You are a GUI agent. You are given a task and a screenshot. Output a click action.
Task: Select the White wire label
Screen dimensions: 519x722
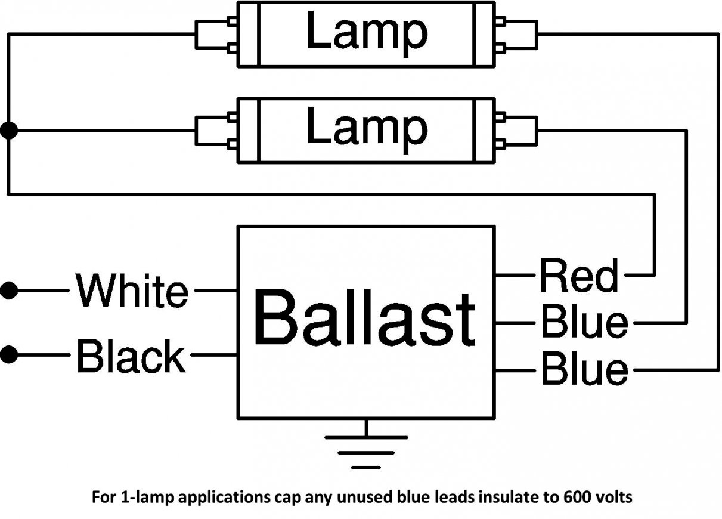(132, 291)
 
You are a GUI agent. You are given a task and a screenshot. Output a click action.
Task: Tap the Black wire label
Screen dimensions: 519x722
(131, 356)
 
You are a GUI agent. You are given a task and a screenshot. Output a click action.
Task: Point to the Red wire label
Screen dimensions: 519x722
(578, 276)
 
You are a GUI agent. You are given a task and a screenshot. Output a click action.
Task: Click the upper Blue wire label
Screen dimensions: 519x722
(584, 323)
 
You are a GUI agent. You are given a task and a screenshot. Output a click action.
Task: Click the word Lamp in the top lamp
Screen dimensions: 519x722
(366, 32)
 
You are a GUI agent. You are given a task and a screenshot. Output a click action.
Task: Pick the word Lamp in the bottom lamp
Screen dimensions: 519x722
(366, 128)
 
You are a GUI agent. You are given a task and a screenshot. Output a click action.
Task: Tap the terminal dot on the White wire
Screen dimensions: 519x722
(9, 291)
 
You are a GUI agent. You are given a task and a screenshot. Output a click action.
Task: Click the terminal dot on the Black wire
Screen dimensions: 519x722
(9, 356)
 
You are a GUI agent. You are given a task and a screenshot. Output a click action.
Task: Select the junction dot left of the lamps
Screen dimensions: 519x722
(9, 131)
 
